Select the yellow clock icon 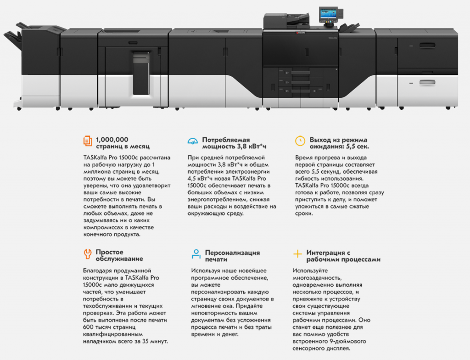pos(300,141)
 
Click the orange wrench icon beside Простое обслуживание pos(87,253)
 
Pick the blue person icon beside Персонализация pos(196,254)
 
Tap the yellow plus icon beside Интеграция pos(298,253)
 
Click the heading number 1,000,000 pos(112,139)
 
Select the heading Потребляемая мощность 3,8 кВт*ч pos(234,143)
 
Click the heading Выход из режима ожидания pos(339,143)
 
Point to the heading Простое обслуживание pos(119,255)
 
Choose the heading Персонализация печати pos(232,256)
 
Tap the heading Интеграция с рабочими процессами pos(343,256)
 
